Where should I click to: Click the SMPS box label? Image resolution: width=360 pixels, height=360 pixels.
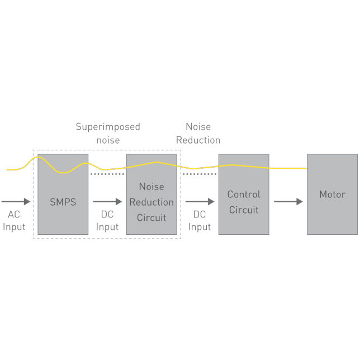[x=63, y=202]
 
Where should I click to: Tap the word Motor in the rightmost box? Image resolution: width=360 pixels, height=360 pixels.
[x=332, y=195]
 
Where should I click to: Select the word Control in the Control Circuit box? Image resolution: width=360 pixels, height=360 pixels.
[x=244, y=195]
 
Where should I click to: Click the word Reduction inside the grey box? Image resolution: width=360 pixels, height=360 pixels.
[x=151, y=202]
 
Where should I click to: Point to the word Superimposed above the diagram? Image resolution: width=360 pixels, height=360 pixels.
[x=108, y=127]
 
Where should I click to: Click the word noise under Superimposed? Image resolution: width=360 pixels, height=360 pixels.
[x=108, y=140]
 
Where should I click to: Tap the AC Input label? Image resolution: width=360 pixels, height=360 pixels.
[x=14, y=221]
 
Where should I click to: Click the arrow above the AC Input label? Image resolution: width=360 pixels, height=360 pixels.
[x=16, y=202]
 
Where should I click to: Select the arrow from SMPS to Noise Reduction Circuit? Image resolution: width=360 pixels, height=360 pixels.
[x=107, y=202]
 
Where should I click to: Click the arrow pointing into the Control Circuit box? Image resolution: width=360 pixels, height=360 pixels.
[x=200, y=202]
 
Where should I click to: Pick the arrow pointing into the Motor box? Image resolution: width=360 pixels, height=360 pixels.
[x=288, y=202]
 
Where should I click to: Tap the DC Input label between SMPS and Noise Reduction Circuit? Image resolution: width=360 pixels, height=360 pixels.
[x=107, y=221]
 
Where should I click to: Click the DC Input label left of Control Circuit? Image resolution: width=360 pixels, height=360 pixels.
[x=200, y=221]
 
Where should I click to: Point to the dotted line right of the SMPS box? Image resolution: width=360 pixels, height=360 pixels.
[x=107, y=174]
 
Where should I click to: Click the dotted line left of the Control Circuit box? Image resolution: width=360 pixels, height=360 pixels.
[x=200, y=174]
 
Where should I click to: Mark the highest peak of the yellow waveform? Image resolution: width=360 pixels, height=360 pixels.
[x=38, y=157]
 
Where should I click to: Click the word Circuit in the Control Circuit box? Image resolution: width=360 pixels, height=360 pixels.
[x=244, y=210]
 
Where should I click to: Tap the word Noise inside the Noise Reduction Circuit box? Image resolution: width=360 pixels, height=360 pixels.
[x=151, y=187]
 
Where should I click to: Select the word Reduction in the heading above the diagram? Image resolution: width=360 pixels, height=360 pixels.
[x=198, y=140]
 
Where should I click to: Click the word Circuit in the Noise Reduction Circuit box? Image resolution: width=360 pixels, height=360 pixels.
[x=151, y=217]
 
